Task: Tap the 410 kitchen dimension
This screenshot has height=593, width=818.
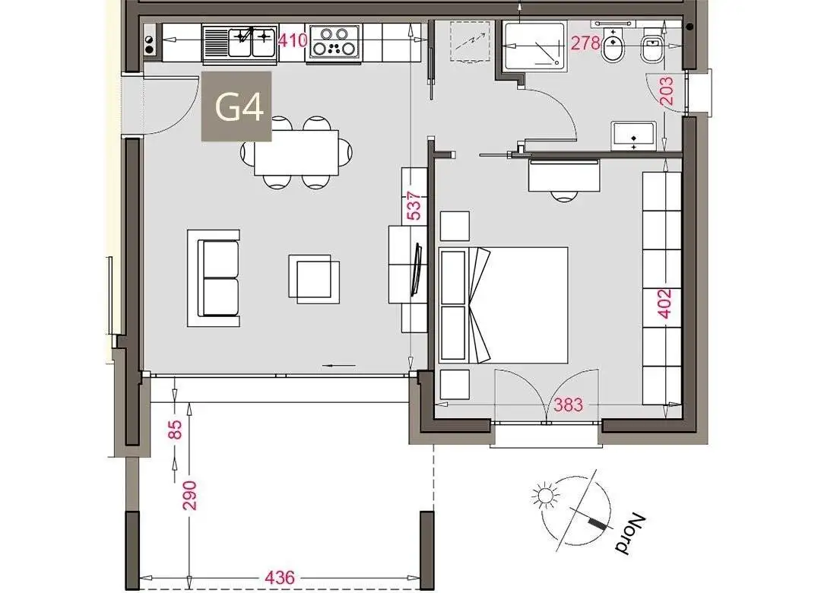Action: coord(293,40)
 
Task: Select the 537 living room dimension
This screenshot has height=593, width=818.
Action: coord(414,206)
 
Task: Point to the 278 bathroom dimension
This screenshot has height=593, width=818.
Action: coord(585,43)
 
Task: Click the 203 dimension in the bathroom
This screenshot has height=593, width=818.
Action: coord(666,91)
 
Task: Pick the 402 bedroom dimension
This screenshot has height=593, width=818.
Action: coord(664,303)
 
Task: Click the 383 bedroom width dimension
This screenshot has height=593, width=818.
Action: coord(568,404)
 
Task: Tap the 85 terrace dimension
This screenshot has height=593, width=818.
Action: coord(176,430)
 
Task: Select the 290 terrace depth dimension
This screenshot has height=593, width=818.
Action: coord(189,495)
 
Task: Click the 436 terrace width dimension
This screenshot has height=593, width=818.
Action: coord(281,577)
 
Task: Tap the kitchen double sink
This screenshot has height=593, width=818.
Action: coord(239,43)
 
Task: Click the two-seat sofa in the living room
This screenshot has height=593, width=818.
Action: coord(214,278)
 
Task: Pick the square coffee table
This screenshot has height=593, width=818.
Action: coord(313,278)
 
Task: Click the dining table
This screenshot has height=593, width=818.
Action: coord(296,152)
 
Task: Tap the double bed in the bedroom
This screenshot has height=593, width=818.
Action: coord(503,305)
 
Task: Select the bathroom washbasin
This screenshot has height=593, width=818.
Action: coord(634,136)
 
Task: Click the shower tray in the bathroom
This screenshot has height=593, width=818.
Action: coord(534,46)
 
